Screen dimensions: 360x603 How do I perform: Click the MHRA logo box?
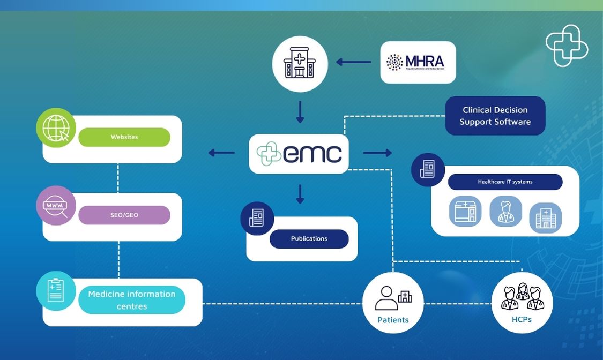coord(418,62)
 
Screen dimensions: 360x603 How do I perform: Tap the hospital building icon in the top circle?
coord(300,64)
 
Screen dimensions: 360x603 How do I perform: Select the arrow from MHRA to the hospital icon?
coord(354,62)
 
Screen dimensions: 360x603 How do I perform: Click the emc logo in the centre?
coord(299,154)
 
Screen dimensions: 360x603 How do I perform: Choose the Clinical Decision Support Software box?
coord(495,116)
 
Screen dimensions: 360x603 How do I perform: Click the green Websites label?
coord(124,137)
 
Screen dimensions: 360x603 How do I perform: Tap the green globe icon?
coord(56,128)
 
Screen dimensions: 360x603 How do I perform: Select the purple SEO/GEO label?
coord(124,215)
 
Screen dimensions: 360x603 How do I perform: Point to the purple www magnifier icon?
coord(56,206)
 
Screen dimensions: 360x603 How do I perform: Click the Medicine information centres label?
coord(132,300)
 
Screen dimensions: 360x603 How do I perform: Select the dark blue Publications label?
coord(309,239)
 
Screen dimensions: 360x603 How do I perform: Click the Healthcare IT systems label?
coord(505,182)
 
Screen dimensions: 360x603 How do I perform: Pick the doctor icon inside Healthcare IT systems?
coord(505,211)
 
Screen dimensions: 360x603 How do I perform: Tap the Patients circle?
coord(393,303)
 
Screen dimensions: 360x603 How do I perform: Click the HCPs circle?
coord(522,303)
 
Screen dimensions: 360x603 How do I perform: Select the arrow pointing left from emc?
coord(221,153)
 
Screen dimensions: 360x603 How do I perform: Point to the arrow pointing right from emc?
coord(377,153)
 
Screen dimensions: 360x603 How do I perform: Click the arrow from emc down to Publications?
coord(300,194)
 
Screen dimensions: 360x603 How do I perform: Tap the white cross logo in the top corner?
coord(567,46)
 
